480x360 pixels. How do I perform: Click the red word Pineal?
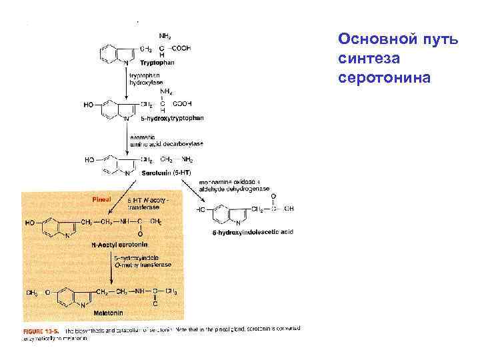[x=101, y=198]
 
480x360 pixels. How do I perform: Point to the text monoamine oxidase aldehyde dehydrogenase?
[x=234, y=185]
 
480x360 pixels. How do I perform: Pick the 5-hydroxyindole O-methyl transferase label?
[x=144, y=261]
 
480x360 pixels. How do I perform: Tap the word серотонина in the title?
[x=385, y=78]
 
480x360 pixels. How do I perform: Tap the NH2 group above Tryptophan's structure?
[x=165, y=35]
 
